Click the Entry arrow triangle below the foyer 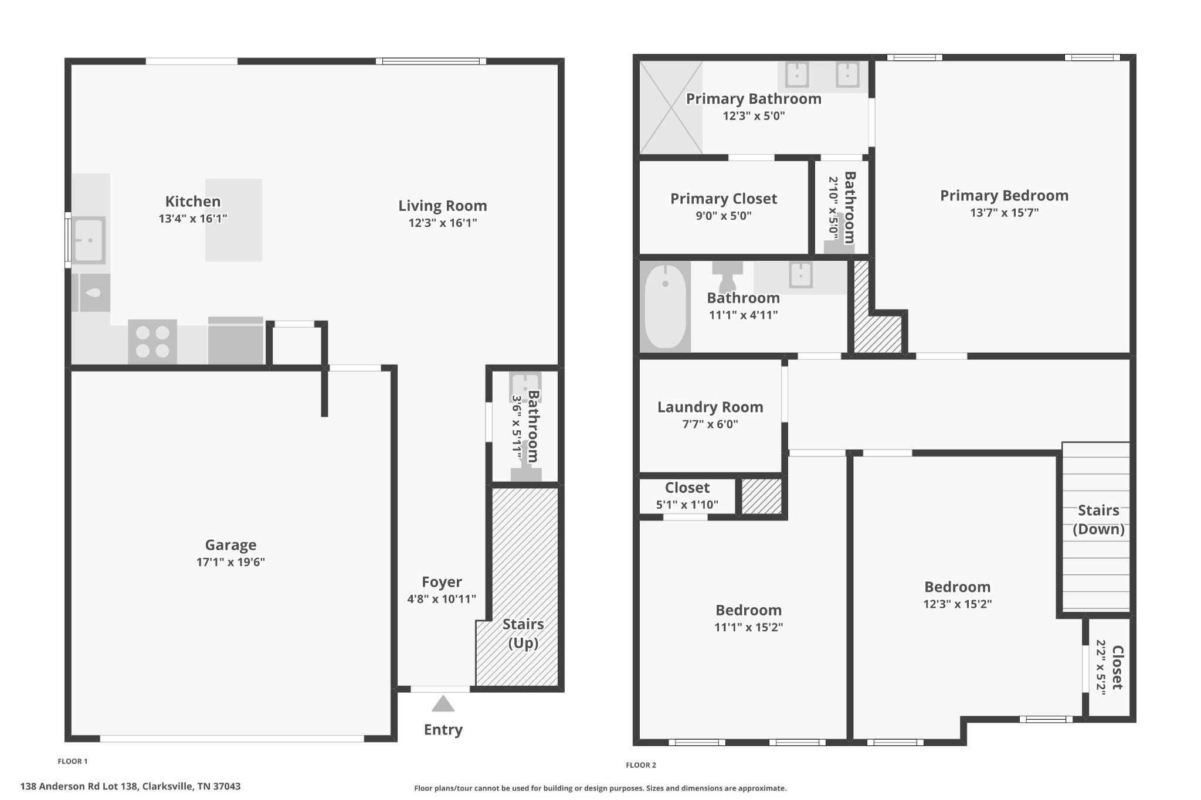pos(443,704)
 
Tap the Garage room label pos(230,545)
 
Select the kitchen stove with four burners pos(152,342)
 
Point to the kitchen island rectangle pos(233,220)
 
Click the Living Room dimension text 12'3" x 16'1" pos(443,223)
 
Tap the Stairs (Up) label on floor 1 pos(523,634)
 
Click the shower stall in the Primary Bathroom pos(671,108)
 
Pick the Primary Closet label pos(724,199)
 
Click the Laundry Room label pos(710,407)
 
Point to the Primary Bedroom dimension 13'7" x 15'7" pos(1004,213)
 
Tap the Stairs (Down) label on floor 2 pos(1098,520)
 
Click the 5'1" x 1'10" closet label pos(687,505)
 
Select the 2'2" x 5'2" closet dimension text pos(1101,668)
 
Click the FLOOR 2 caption pos(641,765)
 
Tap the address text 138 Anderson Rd pos(130,787)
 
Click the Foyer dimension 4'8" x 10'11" pos(442,599)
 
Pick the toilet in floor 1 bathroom pos(526,469)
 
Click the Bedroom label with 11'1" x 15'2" pos(748,610)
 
